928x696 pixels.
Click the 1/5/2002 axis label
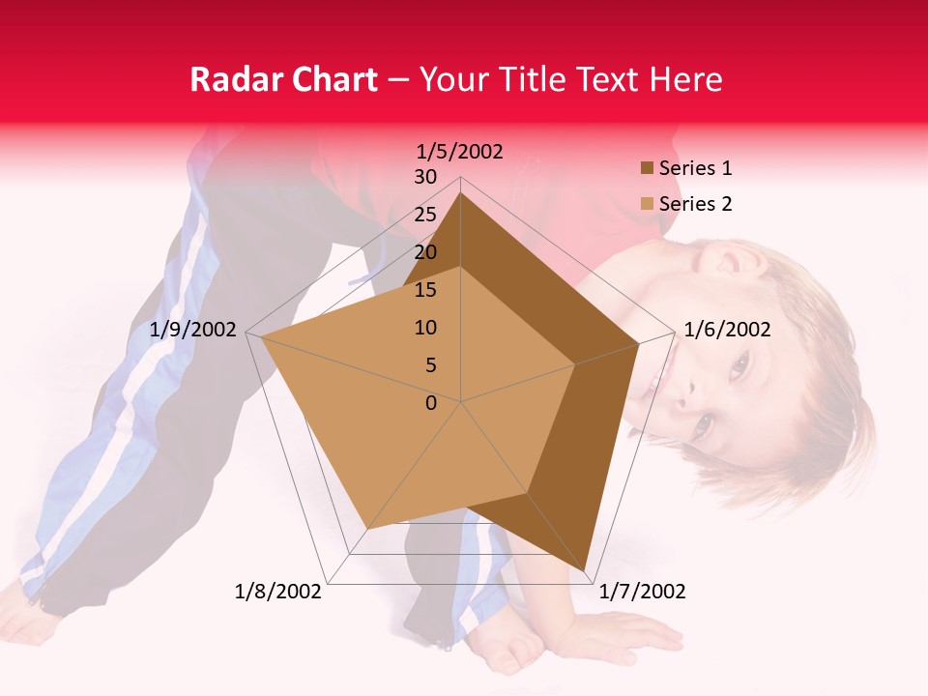click(460, 151)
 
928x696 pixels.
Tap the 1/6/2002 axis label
click(727, 330)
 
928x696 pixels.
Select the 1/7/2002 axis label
click(642, 592)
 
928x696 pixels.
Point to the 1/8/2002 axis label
click(278, 592)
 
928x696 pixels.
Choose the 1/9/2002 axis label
click(193, 330)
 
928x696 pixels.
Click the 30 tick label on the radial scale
click(425, 177)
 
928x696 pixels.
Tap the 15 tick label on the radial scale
click(425, 290)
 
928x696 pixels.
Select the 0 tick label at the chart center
click(431, 403)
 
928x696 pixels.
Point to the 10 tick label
click(425, 328)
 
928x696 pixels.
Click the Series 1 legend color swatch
click(647, 168)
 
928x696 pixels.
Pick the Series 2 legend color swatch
click(647, 204)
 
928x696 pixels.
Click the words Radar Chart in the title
click(283, 79)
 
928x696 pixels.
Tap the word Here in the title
click(685, 79)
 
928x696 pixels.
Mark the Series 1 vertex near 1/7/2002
click(586, 570)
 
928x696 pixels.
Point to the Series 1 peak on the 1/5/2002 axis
click(461, 193)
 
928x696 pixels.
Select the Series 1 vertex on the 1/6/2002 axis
click(639, 343)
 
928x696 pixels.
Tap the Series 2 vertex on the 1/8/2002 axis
click(366, 530)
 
